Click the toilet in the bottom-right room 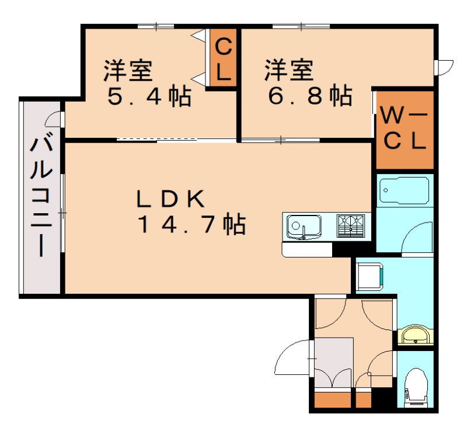[416, 387]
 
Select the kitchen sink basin [304, 227]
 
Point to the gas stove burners [351, 225]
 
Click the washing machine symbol [370, 276]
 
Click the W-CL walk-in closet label [405, 130]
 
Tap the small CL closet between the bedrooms [223, 59]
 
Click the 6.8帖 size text [311, 95]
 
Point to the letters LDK [170, 199]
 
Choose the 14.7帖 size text [191, 224]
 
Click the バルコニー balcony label [41, 197]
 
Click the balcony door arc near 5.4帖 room [53, 119]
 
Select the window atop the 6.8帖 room [301, 26]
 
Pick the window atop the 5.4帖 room [156, 26]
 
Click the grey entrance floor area [334, 363]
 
